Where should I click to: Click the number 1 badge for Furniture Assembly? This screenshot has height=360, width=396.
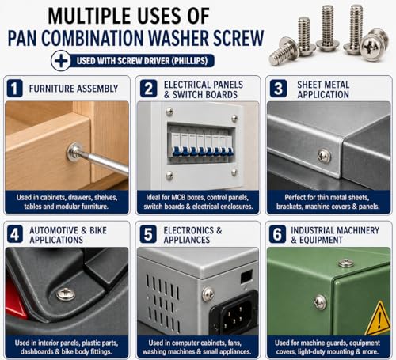14,89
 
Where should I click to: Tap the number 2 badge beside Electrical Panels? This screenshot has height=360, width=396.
148,89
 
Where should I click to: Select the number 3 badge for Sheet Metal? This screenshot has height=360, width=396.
278,89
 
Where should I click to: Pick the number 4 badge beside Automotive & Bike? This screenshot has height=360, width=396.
15,234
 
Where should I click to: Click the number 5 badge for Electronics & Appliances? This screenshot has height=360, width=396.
148,234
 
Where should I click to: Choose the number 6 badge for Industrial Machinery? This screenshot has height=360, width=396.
277,234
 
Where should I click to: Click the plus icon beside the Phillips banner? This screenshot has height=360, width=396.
61,61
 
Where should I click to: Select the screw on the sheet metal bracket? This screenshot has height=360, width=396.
324,156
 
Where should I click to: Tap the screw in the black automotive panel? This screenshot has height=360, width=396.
66,294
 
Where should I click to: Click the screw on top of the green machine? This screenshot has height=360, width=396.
347,263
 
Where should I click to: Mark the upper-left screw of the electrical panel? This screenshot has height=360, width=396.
169,112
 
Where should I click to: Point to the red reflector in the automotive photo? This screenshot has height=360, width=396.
14,299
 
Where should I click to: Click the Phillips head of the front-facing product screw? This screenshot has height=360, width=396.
371,47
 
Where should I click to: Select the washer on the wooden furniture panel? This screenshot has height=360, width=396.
74,152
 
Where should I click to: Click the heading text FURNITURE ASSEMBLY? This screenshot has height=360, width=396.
74,89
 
